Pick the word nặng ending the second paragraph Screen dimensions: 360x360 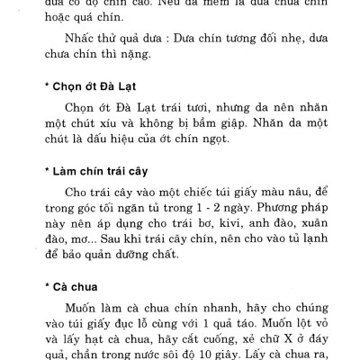coord(170,65)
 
